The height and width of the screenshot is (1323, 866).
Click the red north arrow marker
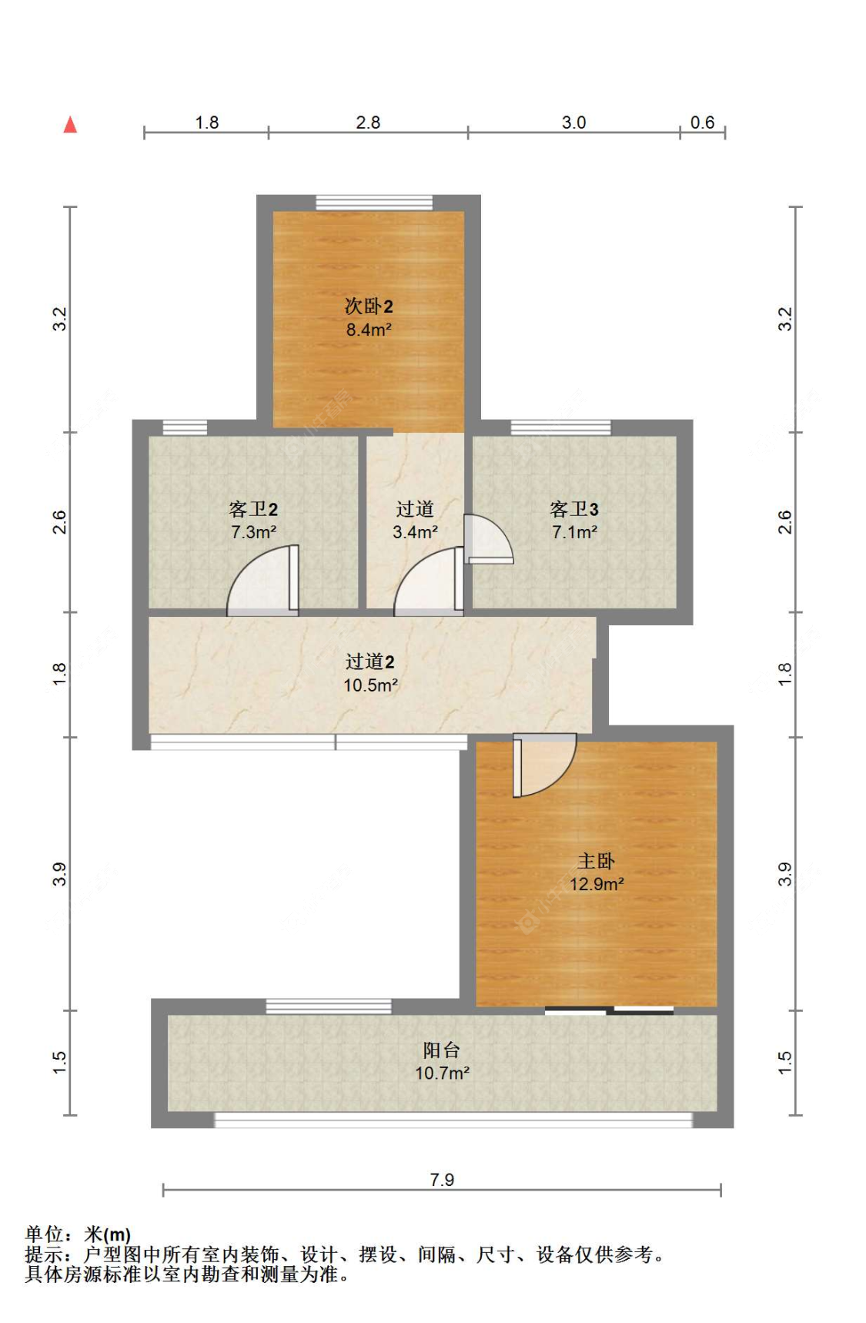click(70, 125)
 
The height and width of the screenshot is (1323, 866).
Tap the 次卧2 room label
click(369, 306)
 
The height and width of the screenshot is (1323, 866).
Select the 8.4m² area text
click(369, 330)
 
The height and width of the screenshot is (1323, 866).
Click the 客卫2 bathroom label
click(253, 509)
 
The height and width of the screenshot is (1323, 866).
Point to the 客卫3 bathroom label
click(574, 509)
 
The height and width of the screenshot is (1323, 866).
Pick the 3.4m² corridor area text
click(415, 532)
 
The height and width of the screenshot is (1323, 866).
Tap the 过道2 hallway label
click(370, 661)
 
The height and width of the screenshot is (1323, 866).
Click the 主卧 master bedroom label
click(596, 861)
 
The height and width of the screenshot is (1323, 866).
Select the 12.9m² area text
click(597, 884)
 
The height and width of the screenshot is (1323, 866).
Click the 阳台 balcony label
click(442, 1050)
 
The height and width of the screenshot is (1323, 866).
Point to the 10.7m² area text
click(443, 1073)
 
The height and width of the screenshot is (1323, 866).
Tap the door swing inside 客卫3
click(487, 538)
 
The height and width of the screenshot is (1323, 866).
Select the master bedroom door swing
click(543, 764)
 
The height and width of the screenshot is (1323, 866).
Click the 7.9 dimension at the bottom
click(442, 1180)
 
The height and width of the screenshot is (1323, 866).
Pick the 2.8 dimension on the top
click(368, 122)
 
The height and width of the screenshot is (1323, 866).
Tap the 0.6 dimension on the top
click(702, 122)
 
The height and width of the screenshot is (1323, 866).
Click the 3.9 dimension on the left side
click(60, 874)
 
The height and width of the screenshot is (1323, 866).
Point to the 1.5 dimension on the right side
click(784, 1063)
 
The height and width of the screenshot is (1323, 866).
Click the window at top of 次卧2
click(374, 203)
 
